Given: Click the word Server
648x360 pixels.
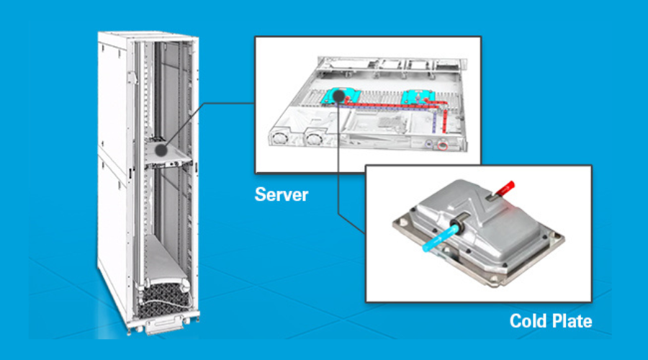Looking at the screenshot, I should pos(281,194).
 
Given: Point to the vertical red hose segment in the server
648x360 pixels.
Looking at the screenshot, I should pos(445,122).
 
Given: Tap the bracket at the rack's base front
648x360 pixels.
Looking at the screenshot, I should pos(160,327).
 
